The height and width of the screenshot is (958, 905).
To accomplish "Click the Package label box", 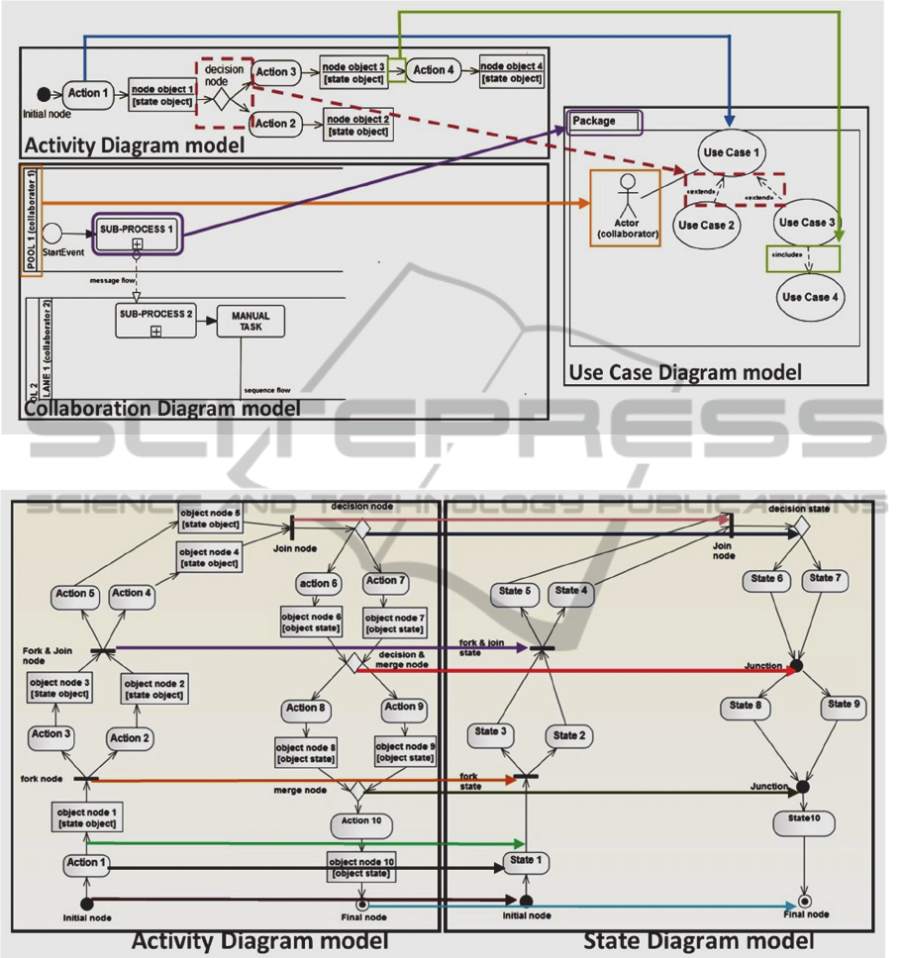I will pyautogui.click(x=604, y=122).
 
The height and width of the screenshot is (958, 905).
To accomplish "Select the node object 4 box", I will pyautogui.click(x=512, y=71).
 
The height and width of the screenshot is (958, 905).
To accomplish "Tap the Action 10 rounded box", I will pyautogui.click(x=361, y=822).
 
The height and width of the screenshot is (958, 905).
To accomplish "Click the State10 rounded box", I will pyautogui.click(x=804, y=821).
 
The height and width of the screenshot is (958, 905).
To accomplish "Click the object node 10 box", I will pyautogui.click(x=361, y=868).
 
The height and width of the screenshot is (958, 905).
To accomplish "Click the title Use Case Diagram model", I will pyautogui.click(x=684, y=372).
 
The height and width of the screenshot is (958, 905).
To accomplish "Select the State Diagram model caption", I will pyautogui.click(x=698, y=940).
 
